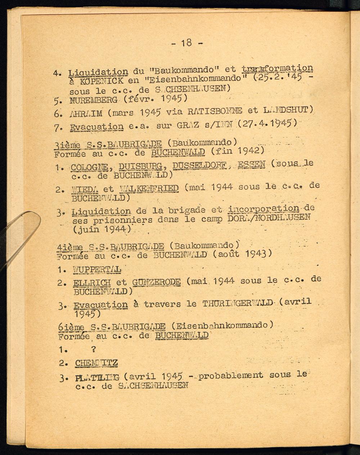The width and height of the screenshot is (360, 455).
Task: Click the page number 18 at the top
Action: click(186, 43)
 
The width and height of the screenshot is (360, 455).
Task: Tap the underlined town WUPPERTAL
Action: click(97, 269)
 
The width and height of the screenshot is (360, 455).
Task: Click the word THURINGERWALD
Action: click(238, 303)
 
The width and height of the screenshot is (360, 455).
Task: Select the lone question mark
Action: click(94, 349)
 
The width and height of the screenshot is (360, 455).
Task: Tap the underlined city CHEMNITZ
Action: click(96, 363)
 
